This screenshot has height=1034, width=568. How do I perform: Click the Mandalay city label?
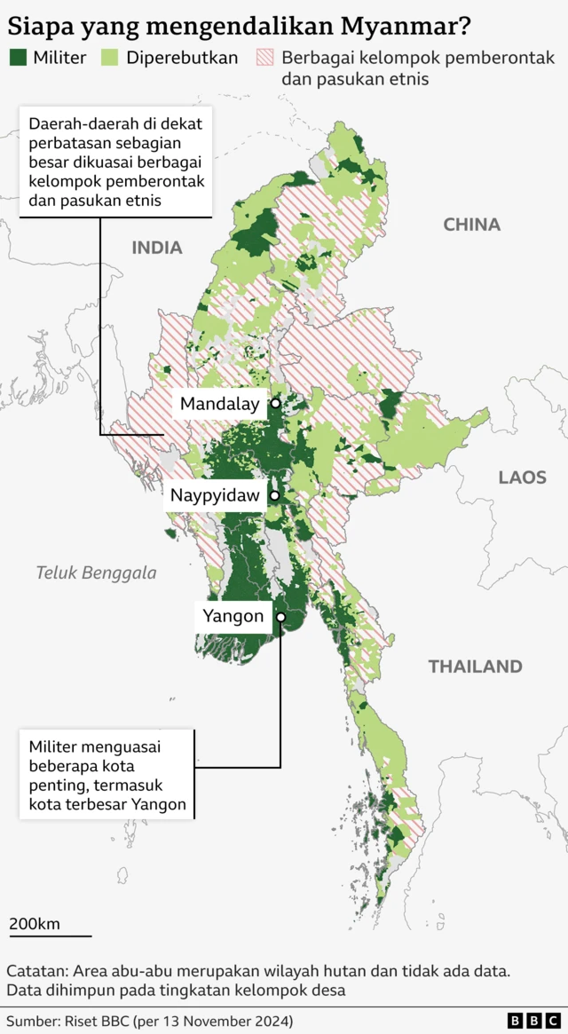(x=219, y=405)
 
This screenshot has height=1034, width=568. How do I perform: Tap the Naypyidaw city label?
(x=215, y=495)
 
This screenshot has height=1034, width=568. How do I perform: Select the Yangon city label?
(x=233, y=616)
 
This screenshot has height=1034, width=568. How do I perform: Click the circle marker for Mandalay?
(x=275, y=404)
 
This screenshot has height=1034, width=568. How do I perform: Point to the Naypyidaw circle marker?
(x=275, y=495)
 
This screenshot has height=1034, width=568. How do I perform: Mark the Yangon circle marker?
(x=280, y=616)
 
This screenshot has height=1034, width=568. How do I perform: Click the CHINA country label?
(x=471, y=225)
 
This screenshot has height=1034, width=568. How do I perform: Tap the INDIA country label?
(x=157, y=248)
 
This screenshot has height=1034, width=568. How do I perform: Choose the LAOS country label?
(x=522, y=478)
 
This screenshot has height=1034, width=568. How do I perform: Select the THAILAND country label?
(x=475, y=667)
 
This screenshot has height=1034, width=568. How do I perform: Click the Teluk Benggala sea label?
(x=96, y=572)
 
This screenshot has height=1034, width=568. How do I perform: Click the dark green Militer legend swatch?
(x=18, y=59)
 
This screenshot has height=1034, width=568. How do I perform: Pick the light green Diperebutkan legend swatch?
(x=109, y=59)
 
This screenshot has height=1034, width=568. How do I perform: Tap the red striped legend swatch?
(x=265, y=59)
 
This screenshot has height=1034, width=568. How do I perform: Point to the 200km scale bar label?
(x=35, y=924)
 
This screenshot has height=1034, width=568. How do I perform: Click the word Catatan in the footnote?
(x=37, y=970)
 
